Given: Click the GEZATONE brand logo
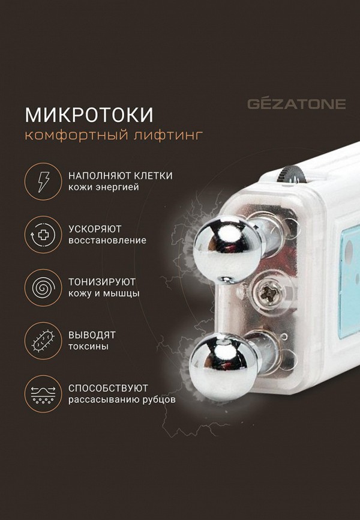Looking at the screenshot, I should point(296,104).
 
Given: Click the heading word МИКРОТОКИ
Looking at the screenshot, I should point(89,114).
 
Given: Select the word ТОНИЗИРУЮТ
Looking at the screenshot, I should point(101,282).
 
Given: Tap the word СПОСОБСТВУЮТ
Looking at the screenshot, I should point(108,387).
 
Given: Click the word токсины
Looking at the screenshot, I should point(88,346).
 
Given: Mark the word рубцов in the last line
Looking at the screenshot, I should point(160,399).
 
